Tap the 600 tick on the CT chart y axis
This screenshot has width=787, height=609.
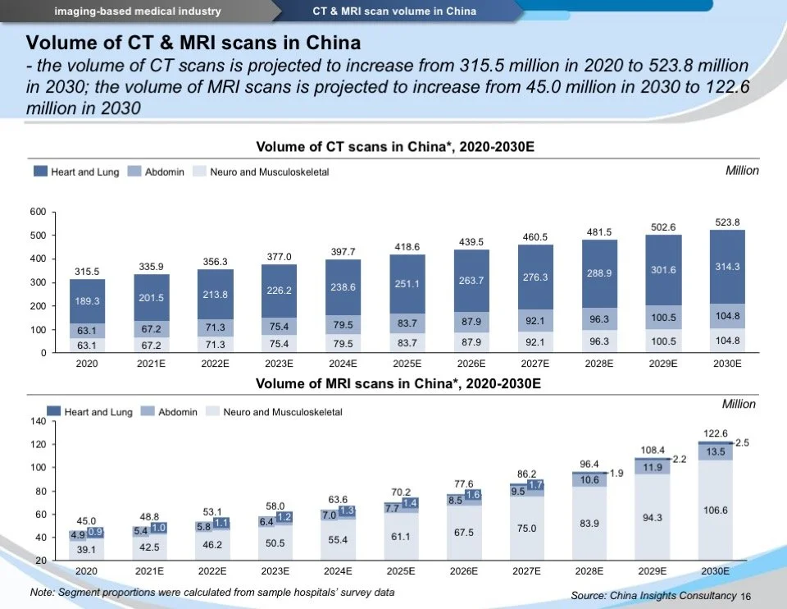(37, 213)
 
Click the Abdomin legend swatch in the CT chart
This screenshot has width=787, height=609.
(135, 172)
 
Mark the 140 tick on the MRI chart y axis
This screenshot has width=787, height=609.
(37, 421)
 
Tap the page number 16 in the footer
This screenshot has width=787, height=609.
(745, 596)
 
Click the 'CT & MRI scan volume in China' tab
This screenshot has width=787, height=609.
(394, 11)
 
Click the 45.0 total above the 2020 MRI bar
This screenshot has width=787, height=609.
(86, 520)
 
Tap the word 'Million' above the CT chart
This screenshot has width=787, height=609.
(742, 171)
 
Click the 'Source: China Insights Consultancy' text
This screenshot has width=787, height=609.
(653, 595)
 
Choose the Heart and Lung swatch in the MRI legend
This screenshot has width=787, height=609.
(54, 412)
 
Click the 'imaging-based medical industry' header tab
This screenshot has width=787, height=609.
(138, 11)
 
